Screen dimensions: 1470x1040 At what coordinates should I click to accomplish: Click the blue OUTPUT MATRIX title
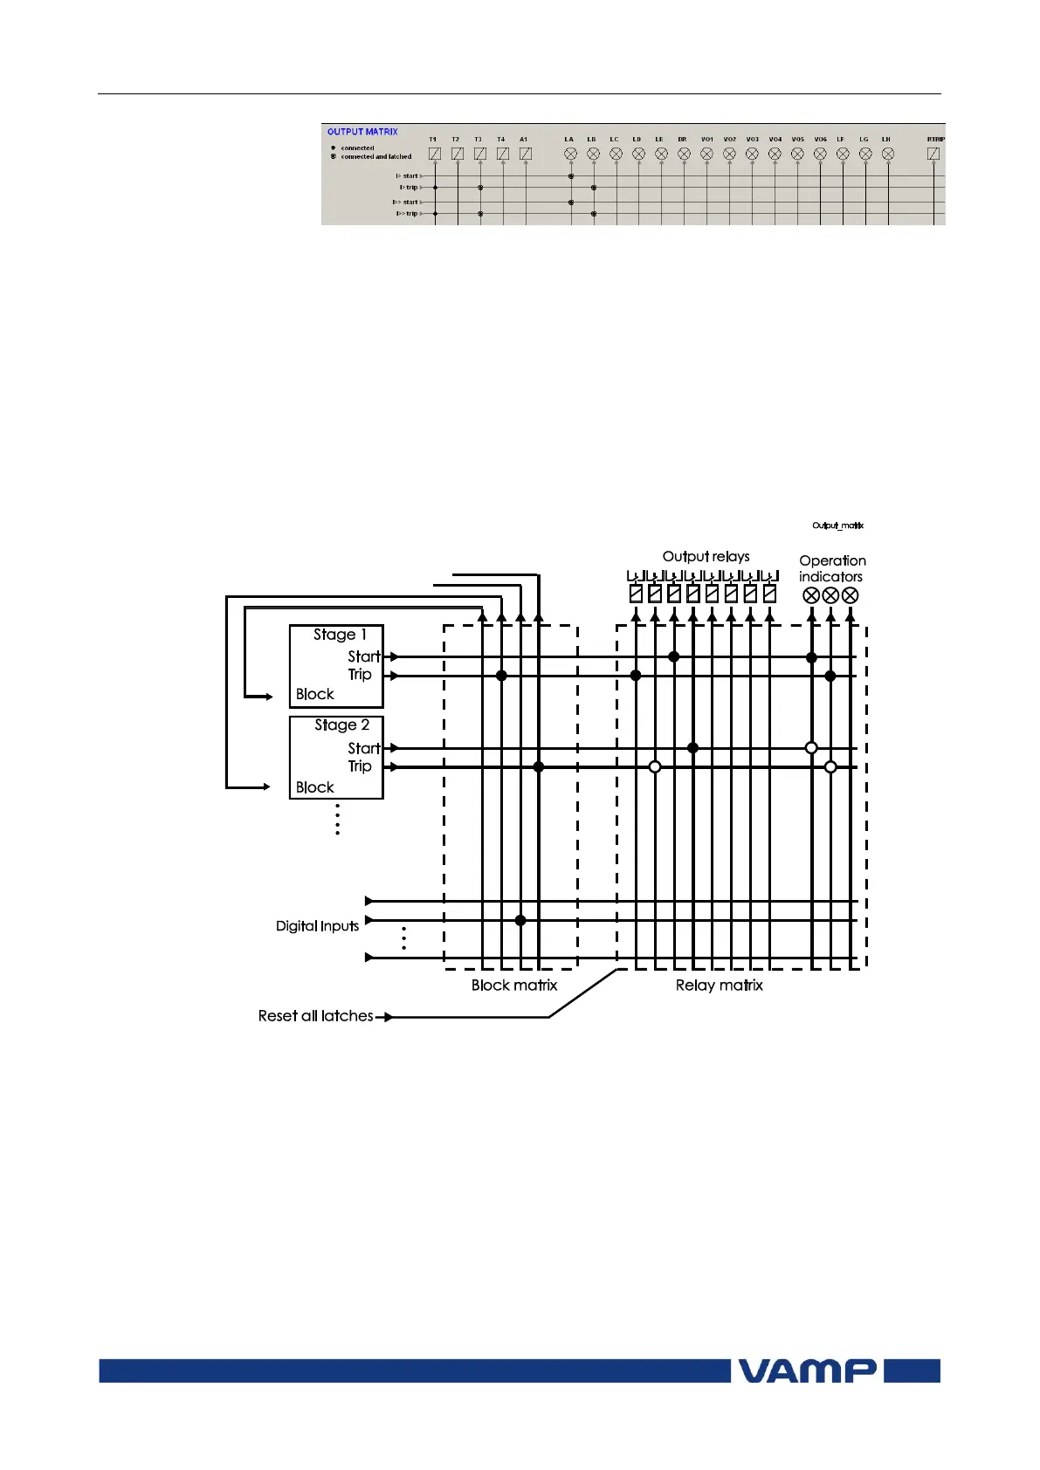pos(362,132)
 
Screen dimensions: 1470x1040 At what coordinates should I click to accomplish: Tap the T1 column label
pos(433,140)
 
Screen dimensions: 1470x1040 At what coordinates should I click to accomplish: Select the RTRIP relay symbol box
pos(933,154)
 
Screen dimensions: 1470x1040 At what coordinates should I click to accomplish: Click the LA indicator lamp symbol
pos(571,154)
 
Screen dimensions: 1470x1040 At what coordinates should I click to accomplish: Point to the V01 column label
pos(706,140)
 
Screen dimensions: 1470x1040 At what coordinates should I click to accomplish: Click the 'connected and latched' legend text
pos(375,157)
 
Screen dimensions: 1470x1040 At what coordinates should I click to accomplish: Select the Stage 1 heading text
pos(340,635)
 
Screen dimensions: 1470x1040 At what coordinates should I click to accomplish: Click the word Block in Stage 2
pos(314,787)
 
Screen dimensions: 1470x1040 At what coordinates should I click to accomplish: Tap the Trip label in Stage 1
pos(360,675)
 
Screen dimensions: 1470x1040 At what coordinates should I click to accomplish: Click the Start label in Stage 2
pos(364,748)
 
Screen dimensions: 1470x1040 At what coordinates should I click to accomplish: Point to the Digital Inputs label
pos(317,926)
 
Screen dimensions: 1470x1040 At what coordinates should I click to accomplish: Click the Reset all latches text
pos(315,1016)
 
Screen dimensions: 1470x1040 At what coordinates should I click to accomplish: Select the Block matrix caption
pos(513,986)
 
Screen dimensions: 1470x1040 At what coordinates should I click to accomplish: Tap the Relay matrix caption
pos(719,986)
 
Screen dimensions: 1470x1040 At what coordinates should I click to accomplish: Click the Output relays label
pos(706,557)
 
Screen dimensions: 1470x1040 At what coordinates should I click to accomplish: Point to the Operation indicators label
pos(831,568)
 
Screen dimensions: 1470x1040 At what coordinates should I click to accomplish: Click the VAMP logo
pos(807,1370)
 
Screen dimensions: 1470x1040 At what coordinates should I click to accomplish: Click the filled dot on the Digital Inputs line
pos(520,920)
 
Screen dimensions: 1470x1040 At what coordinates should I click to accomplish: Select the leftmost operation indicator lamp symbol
pos(811,596)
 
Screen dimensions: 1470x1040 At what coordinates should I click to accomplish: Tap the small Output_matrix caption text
pos(837,525)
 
